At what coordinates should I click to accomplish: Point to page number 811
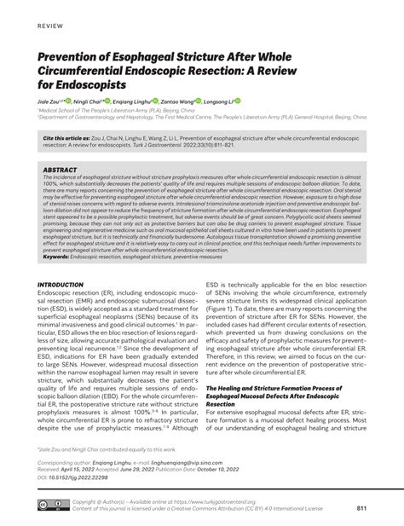tap(361, 508)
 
